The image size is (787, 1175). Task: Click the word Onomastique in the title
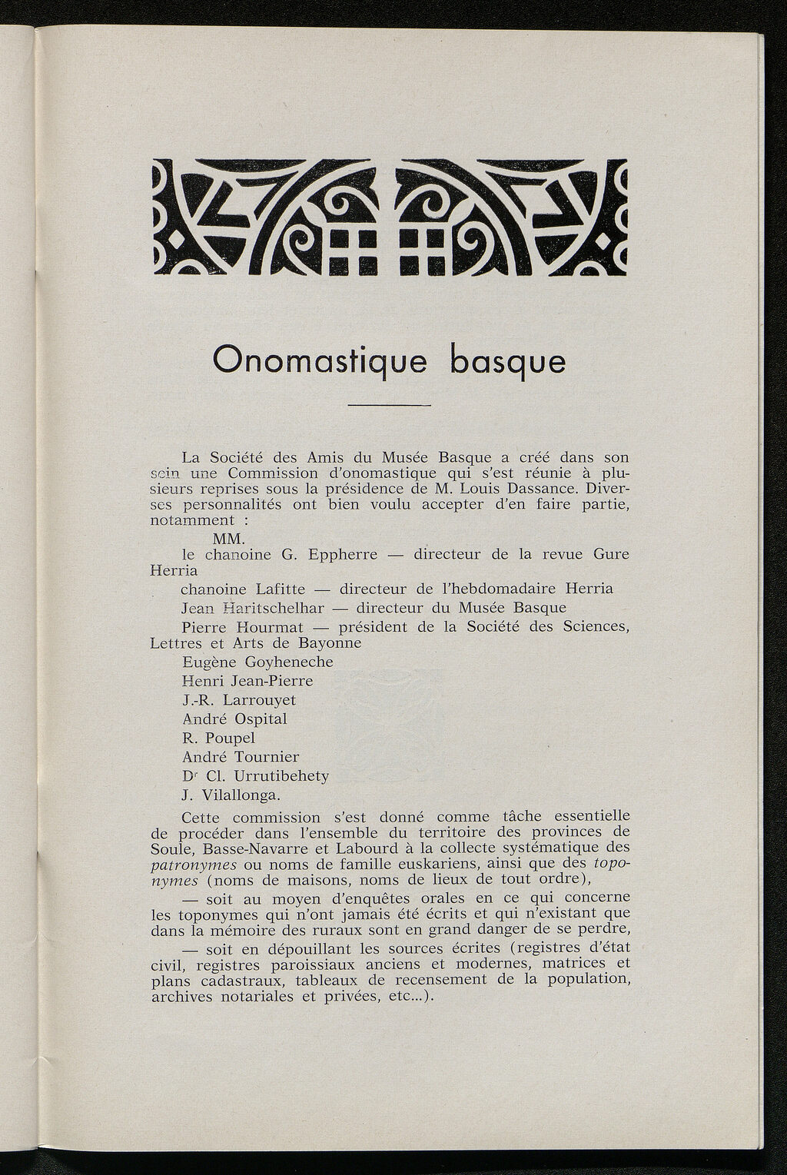pos(318,361)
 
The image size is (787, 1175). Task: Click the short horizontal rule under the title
pos(390,405)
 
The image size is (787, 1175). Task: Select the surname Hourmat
pos(260,626)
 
